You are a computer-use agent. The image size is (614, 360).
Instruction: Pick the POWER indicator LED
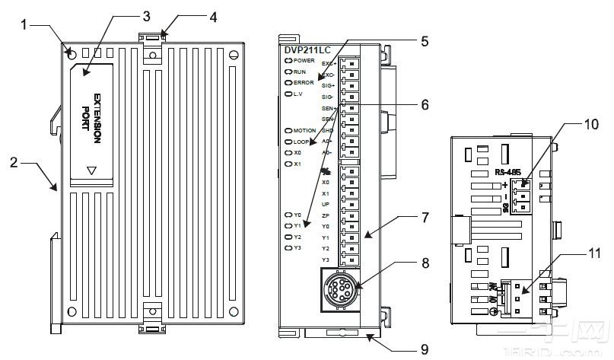pyautogui.click(x=288, y=60)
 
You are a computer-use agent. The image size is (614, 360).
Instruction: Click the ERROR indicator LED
pyautogui.click(x=288, y=82)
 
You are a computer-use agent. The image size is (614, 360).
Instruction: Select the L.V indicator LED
pyautogui.click(x=288, y=94)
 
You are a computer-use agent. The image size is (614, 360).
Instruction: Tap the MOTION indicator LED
pyautogui.click(x=288, y=131)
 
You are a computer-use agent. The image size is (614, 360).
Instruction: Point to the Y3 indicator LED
pyautogui.click(x=288, y=248)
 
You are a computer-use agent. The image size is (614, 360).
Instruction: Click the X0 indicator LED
pyautogui.click(x=288, y=152)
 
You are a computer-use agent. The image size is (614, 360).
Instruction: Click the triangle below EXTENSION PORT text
pyautogui.click(x=91, y=171)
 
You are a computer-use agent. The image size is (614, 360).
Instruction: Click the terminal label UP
pyautogui.click(x=326, y=205)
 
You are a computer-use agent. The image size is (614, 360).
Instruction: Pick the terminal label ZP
pyautogui.click(x=326, y=216)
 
